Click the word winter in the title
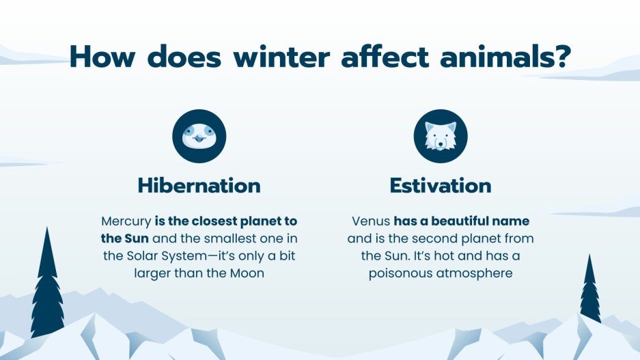[x=290, y=57]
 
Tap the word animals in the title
[x=499, y=57]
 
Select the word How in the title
[x=104, y=57]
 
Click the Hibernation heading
[x=199, y=185]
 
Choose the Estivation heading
[x=440, y=185]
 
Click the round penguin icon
[x=199, y=135]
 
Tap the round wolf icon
[x=440, y=135]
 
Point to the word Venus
[x=371, y=222]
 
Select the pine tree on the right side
[x=590, y=290]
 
